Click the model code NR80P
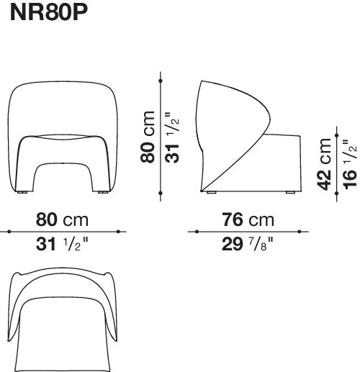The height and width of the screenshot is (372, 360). (x=49, y=12)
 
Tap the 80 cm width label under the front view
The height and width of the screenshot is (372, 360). (x=62, y=219)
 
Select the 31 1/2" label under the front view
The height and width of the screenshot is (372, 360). (x=62, y=244)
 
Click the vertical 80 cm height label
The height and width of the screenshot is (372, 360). (x=148, y=137)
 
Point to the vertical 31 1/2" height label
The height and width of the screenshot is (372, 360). (x=172, y=137)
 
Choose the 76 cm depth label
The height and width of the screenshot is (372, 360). (x=248, y=219)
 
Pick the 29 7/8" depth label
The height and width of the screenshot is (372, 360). (x=248, y=244)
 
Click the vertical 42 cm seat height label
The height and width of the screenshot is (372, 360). (x=324, y=164)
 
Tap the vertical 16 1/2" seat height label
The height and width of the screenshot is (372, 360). (x=350, y=165)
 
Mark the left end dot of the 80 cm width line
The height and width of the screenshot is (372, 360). (x=9, y=232)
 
